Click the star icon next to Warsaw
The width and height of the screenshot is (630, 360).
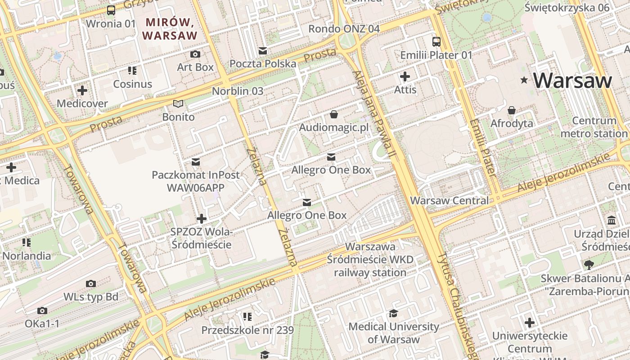tap(524, 81)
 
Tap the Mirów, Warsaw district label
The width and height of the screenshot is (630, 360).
tap(169, 28)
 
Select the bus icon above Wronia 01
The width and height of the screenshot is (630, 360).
tap(111, 10)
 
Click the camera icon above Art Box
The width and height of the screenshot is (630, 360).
tap(195, 54)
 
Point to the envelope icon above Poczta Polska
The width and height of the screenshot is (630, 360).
tap(263, 51)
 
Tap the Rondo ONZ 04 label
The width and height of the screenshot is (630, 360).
tap(344, 29)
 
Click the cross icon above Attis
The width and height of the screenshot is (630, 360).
tap(405, 76)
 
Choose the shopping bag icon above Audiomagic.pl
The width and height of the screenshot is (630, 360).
tap(334, 114)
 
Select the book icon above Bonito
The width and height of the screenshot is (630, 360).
tap(179, 104)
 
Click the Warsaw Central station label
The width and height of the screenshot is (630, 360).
tap(450, 201)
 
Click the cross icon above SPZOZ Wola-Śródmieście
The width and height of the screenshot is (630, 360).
tap(202, 219)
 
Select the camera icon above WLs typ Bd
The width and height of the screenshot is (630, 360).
tap(91, 283)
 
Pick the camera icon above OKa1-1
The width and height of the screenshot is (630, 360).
tap(42, 310)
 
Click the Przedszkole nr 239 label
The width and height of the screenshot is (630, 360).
tap(247, 330)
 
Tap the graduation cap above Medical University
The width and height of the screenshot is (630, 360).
tap(394, 313)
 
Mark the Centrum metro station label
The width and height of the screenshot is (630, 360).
tap(594, 127)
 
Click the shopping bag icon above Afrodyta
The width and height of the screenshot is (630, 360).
tap(512, 110)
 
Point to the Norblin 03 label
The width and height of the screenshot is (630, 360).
tap(238, 91)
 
